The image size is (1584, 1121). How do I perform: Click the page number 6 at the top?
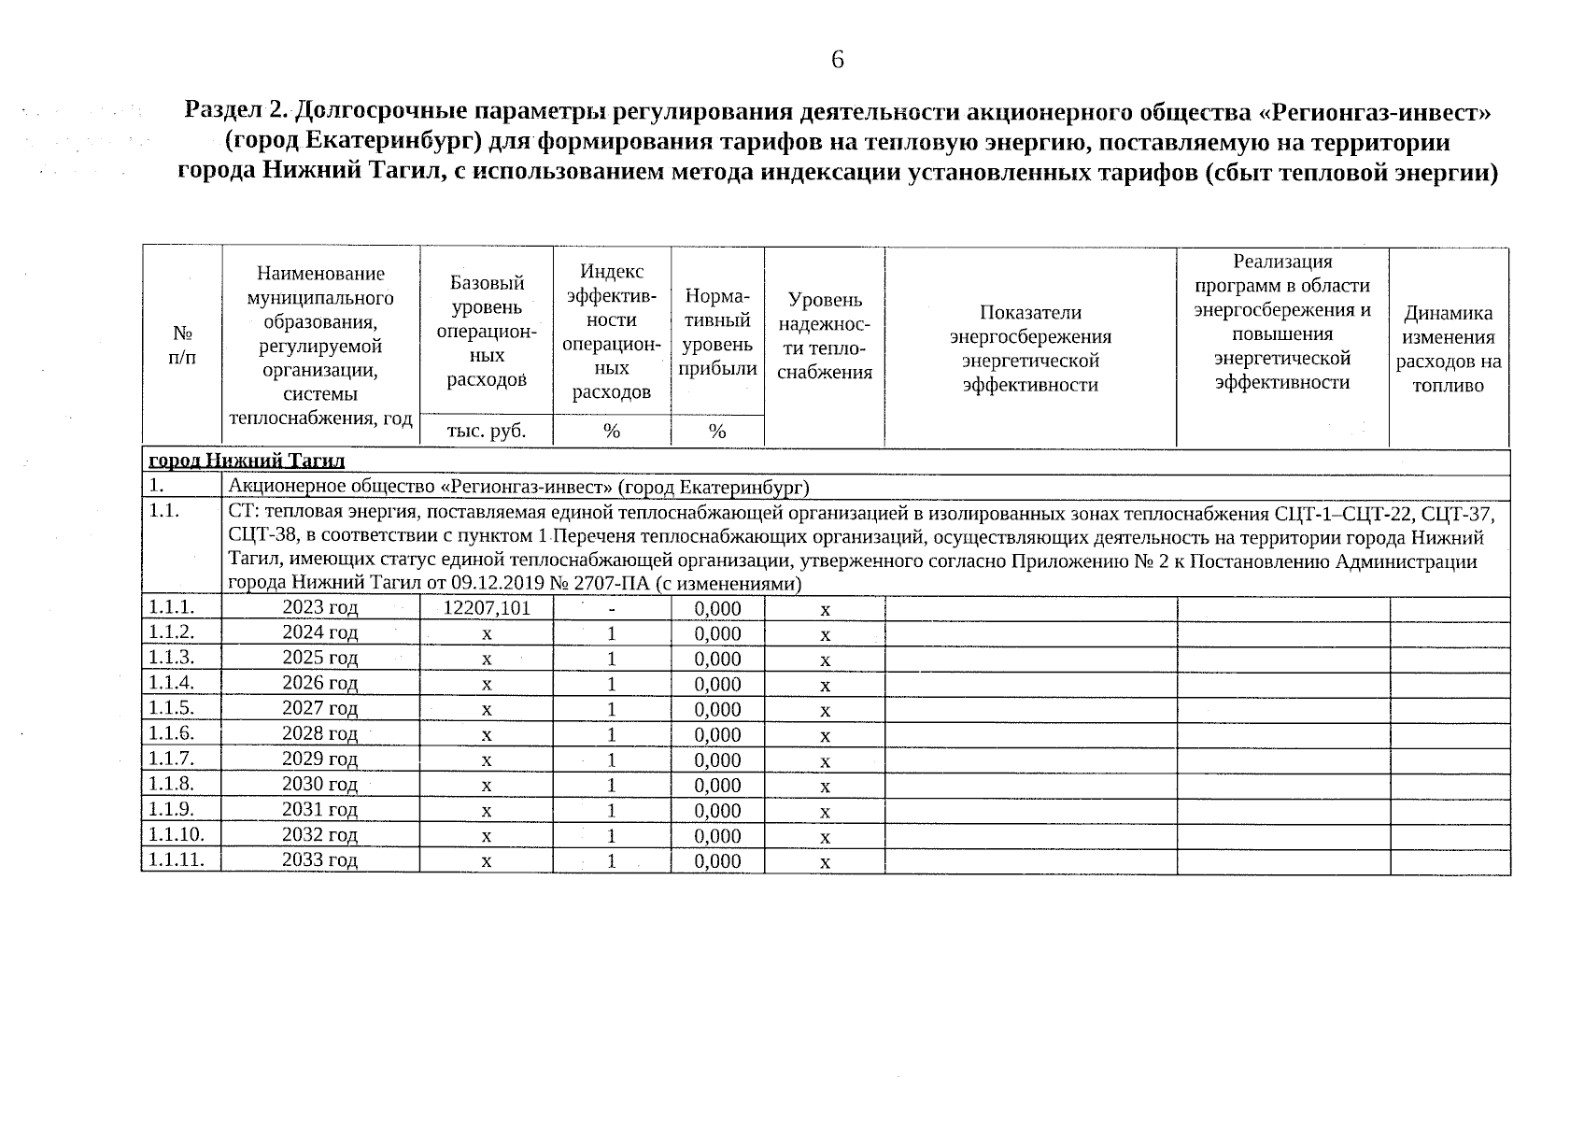coord(837,61)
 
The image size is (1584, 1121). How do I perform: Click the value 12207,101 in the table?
coord(487,609)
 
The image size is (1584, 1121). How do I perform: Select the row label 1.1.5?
coord(171,708)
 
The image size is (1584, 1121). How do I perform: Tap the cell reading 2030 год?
coord(320,785)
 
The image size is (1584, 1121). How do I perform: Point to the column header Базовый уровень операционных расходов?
coord(487,330)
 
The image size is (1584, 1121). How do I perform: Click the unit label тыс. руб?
coord(487,432)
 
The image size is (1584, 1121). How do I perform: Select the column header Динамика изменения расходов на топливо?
coord(1449,348)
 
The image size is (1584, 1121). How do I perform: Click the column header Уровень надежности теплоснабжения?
coord(825,336)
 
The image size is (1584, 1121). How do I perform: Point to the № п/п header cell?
coord(183,345)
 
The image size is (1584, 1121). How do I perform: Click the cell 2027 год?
coord(320,709)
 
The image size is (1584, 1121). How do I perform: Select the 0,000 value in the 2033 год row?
coord(717,860)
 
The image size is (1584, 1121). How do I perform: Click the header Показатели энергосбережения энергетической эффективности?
coord(1030,348)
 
